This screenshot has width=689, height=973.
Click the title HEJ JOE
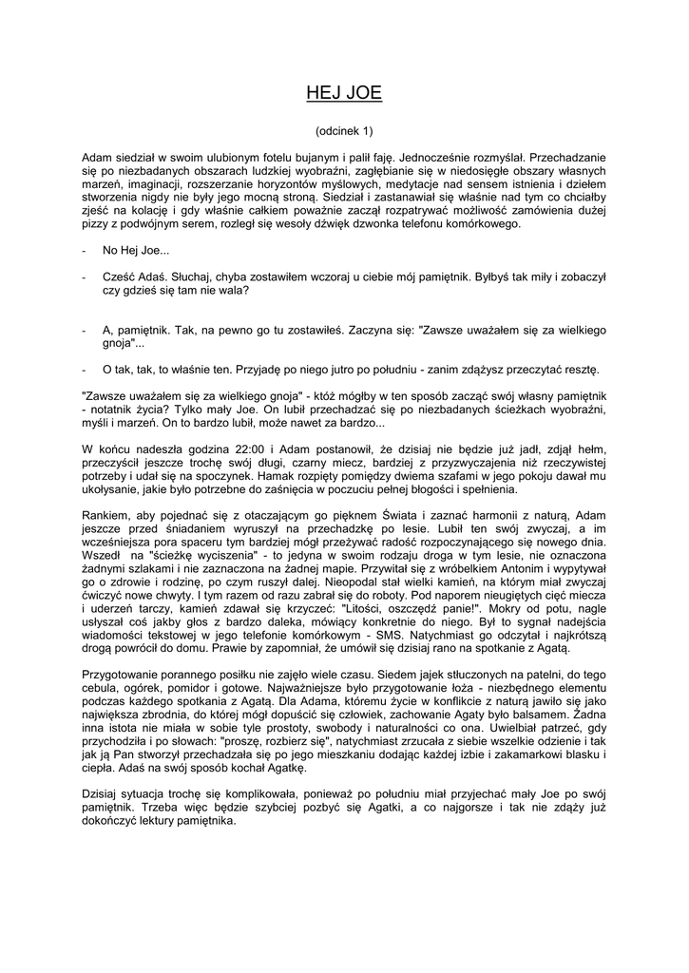pyautogui.click(x=344, y=92)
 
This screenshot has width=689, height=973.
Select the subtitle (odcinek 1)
pyautogui.click(x=344, y=129)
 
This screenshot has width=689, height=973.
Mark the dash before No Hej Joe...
pyautogui.click(x=86, y=251)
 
